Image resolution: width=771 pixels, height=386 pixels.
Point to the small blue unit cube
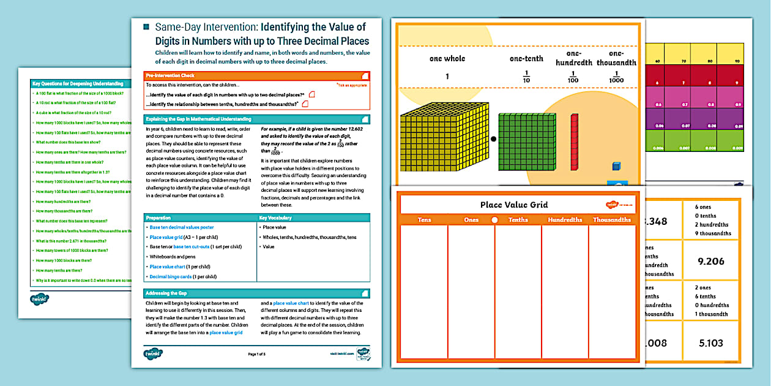(616, 167)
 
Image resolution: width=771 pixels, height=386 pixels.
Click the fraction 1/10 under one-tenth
(526, 78)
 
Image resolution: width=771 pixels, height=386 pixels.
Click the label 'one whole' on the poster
(447, 59)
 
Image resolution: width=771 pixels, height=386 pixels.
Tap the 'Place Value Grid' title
(514, 205)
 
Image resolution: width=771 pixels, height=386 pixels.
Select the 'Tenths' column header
(518, 220)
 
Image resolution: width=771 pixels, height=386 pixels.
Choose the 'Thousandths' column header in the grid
(611, 220)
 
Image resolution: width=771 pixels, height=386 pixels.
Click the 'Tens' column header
(424, 220)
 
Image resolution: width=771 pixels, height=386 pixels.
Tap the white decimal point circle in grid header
(494, 220)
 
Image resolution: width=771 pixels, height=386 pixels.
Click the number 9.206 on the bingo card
(710, 261)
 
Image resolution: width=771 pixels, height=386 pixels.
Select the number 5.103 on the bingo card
(710, 343)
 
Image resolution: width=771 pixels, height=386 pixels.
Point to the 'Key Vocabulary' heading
(275, 217)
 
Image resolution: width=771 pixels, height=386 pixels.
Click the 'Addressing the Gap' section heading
(168, 293)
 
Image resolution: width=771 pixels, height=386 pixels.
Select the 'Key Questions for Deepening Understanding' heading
(78, 82)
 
